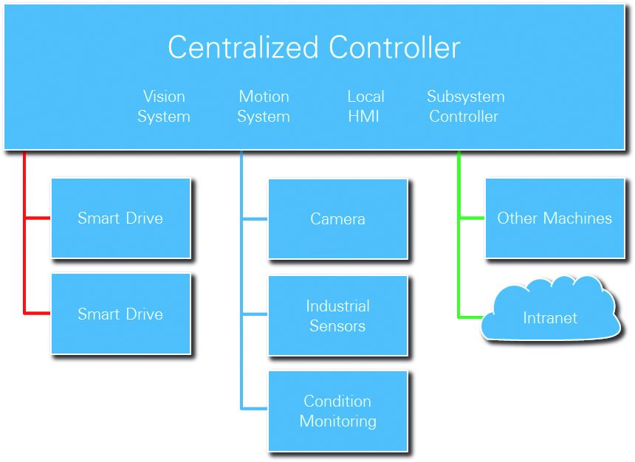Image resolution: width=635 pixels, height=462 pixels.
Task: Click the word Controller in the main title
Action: pos(394,48)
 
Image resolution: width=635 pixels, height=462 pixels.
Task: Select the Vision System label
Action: pos(164,106)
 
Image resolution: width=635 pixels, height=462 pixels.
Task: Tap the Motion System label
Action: pos(264,106)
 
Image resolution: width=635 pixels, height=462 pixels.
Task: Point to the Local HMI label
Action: pos(365,106)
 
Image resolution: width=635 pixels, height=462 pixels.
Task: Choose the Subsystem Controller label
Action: pos(465,106)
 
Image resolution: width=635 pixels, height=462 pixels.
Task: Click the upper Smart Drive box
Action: pos(120,218)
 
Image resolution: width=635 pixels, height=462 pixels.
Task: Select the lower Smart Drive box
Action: pos(120,314)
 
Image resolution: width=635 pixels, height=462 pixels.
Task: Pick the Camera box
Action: pos(337,219)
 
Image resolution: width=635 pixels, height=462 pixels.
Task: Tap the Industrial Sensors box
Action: pos(337,316)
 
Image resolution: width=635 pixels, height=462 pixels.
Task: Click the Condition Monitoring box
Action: pos(337,411)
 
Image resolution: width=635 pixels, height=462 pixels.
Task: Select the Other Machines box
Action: pos(555,218)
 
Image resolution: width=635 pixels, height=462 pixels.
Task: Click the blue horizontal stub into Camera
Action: pos(255,219)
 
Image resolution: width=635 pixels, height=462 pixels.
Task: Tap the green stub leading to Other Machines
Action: pos(472,218)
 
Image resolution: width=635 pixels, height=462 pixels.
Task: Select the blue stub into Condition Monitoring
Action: pos(255,408)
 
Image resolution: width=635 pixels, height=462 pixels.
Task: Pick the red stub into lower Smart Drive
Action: pos(38,314)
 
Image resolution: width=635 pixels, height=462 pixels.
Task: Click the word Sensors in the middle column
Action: pos(337,325)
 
